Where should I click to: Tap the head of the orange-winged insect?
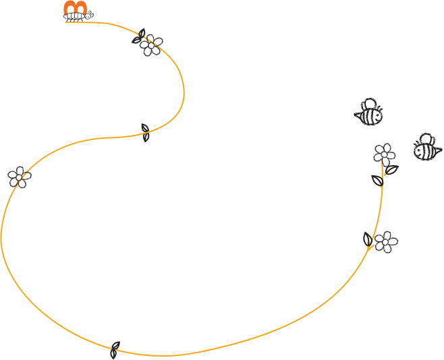(x=90, y=14)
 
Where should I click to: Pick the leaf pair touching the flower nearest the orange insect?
(x=140, y=36)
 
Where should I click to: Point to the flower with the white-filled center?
(x=19, y=177)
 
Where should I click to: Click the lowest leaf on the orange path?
(x=115, y=349)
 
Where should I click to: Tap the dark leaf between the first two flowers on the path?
(x=145, y=131)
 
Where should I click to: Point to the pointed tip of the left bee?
(x=355, y=116)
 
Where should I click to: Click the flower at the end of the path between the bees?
(x=384, y=153)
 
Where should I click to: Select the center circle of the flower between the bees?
(x=384, y=154)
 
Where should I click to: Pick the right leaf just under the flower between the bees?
(x=391, y=170)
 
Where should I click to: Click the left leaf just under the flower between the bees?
(x=377, y=179)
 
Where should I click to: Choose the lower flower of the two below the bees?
(x=386, y=241)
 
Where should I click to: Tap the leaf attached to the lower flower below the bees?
(x=368, y=238)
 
